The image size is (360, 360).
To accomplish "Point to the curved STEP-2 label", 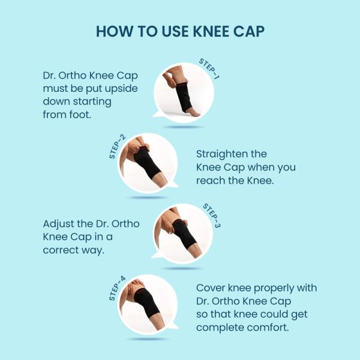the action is point(117,147).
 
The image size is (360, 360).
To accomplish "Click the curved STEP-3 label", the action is point(212,216).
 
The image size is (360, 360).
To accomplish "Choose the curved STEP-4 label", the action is point(117,289).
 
